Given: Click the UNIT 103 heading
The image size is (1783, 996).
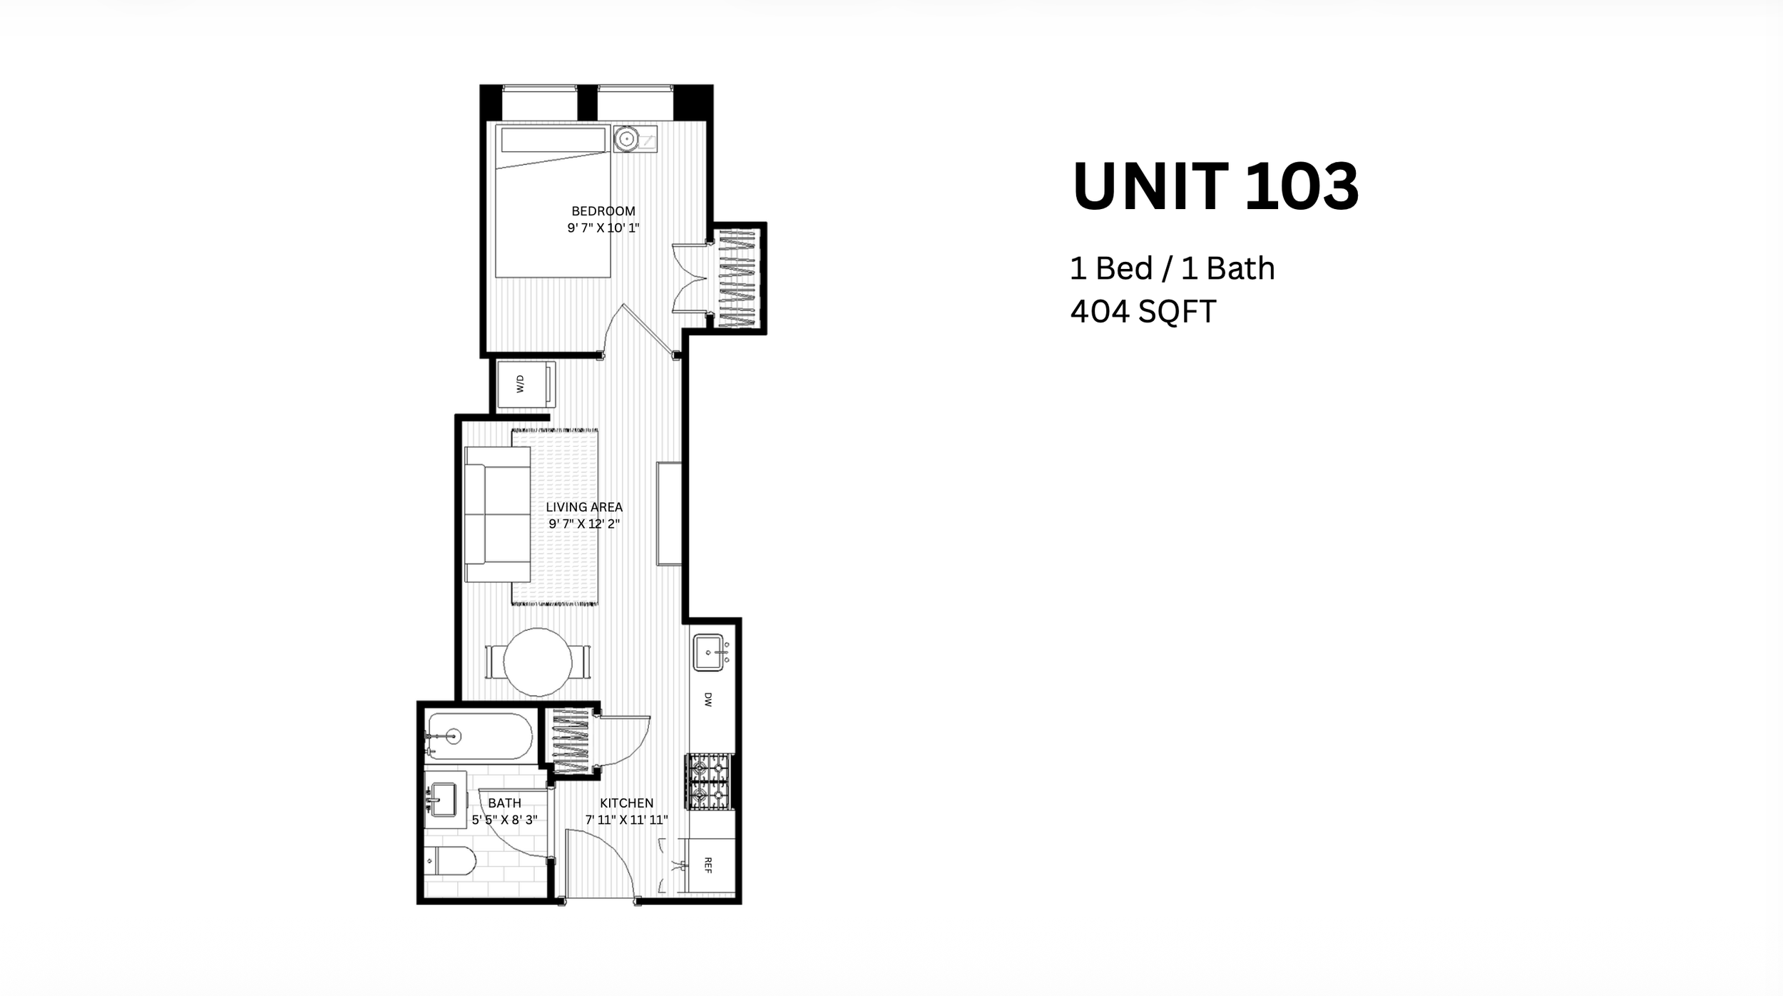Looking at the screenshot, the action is pos(1215,186).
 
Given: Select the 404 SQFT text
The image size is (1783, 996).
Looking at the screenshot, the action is pos(1143,312).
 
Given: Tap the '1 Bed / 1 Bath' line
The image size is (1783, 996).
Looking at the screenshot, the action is pos(1172,268).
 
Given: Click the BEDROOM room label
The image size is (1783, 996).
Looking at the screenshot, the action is pos(603,211).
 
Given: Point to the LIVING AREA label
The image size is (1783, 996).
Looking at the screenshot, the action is pos(584,507).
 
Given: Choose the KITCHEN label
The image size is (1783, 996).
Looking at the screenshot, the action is pos(626,803).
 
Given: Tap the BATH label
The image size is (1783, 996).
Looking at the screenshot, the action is pos(504,803).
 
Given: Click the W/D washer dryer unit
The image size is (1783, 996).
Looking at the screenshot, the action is pos(526,385).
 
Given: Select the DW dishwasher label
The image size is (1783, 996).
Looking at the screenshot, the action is pos(708,699).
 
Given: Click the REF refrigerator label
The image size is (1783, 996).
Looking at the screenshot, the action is pos(708,865).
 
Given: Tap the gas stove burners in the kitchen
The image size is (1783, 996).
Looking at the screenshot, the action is pos(709,782).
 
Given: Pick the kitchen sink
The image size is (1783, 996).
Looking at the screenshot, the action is pos(709,652).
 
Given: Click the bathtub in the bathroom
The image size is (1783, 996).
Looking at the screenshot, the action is pos(479,737).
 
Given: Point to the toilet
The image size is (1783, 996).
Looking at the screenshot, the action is pos(451,861).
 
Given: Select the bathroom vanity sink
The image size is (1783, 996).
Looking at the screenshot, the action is pos(443,800).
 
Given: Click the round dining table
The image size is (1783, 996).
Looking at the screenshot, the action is pos(538,662).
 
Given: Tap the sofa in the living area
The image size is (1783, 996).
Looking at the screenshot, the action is pos(497,514).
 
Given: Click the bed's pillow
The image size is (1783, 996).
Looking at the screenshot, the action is pos(553,140).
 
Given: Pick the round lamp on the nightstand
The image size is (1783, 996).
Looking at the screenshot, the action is pos(626,139).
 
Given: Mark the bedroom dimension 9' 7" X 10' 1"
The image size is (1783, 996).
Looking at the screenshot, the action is pos(603,228).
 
